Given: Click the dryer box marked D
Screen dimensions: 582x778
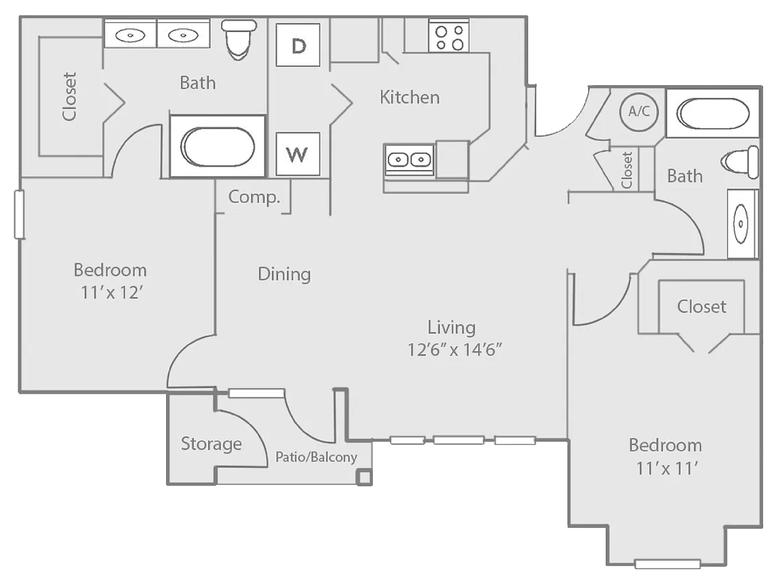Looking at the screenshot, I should click(298, 45).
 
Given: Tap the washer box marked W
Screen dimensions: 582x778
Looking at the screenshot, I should click(298, 154).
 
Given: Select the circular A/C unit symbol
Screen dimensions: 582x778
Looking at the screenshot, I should click(639, 112).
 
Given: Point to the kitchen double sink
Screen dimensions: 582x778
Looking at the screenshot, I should click(409, 160).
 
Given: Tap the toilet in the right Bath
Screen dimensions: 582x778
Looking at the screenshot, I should click(740, 163).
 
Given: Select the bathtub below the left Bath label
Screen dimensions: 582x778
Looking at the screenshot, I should click(217, 147).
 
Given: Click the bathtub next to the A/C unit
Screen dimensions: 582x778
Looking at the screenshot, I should click(713, 113).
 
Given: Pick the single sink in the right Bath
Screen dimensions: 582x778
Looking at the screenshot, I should click(742, 223).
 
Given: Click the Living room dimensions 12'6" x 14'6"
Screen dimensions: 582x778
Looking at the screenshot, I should click(457, 350).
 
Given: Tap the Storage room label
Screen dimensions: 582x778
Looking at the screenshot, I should click(211, 444).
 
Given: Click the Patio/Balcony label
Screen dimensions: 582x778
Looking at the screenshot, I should click(316, 457).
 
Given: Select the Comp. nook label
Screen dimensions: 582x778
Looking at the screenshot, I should click(254, 197).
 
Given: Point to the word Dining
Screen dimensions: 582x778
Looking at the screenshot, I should click(284, 274).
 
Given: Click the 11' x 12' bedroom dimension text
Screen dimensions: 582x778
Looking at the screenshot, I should click(110, 293).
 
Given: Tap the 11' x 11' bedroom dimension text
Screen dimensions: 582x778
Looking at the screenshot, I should click(665, 468).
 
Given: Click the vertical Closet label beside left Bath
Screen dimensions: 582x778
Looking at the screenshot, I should click(70, 97).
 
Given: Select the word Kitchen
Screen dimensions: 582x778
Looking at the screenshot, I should click(410, 97).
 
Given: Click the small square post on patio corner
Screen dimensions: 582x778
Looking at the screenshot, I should click(364, 477).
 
